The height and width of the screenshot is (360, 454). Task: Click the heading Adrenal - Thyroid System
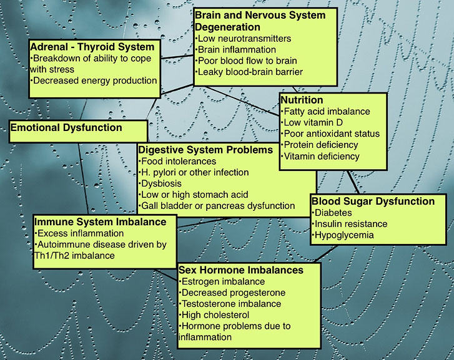[92, 47]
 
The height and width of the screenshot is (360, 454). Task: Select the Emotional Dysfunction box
[79, 132]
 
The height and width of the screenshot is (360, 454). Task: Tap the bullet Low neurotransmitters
[243, 39]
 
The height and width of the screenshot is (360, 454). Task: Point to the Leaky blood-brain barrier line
[249, 72]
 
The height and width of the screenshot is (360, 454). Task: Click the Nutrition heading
[302, 100]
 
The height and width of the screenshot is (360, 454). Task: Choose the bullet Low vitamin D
[312, 122]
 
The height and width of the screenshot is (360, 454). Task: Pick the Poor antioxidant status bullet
[330, 134]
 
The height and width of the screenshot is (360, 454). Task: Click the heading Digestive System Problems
[205, 150]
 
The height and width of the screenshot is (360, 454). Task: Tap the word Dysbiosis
[161, 183]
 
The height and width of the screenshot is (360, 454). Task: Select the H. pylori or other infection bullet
[194, 172]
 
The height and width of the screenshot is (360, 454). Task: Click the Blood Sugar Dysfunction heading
[373, 201]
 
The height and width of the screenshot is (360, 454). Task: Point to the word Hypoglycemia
[344, 235]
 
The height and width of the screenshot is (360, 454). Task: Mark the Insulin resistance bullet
[350, 224]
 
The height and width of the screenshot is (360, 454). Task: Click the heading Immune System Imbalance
[100, 222]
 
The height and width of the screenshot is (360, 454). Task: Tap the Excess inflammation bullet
[79, 233]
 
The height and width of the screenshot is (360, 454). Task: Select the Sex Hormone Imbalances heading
[241, 270]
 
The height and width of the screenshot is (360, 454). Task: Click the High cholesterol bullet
[214, 315]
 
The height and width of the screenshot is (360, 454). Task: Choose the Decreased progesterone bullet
[232, 293]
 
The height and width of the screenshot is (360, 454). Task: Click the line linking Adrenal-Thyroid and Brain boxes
[177, 57]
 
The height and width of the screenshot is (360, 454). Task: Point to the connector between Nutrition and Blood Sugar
[353, 182]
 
